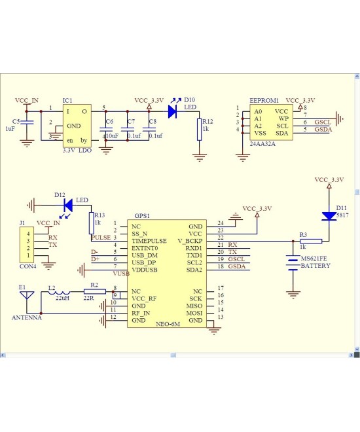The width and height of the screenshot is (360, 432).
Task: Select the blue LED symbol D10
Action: [x=172, y=111]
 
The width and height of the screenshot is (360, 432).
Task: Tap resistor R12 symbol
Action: [x=199, y=130]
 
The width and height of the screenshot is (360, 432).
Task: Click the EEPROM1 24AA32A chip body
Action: [x=271, y=123]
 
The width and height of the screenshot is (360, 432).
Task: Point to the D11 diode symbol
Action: [x=329, y=216]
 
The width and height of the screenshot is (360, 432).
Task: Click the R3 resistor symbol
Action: [x=311, y=241]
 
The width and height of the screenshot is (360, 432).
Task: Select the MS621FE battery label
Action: [x=314, y=259]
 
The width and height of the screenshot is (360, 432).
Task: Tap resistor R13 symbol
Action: [x=91, y=223]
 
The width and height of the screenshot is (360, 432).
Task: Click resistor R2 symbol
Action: [x=95, y=292]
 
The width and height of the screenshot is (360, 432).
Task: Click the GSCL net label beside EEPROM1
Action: [x=323, y=122]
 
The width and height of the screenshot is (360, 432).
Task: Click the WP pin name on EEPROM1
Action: [x=283, y=118]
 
